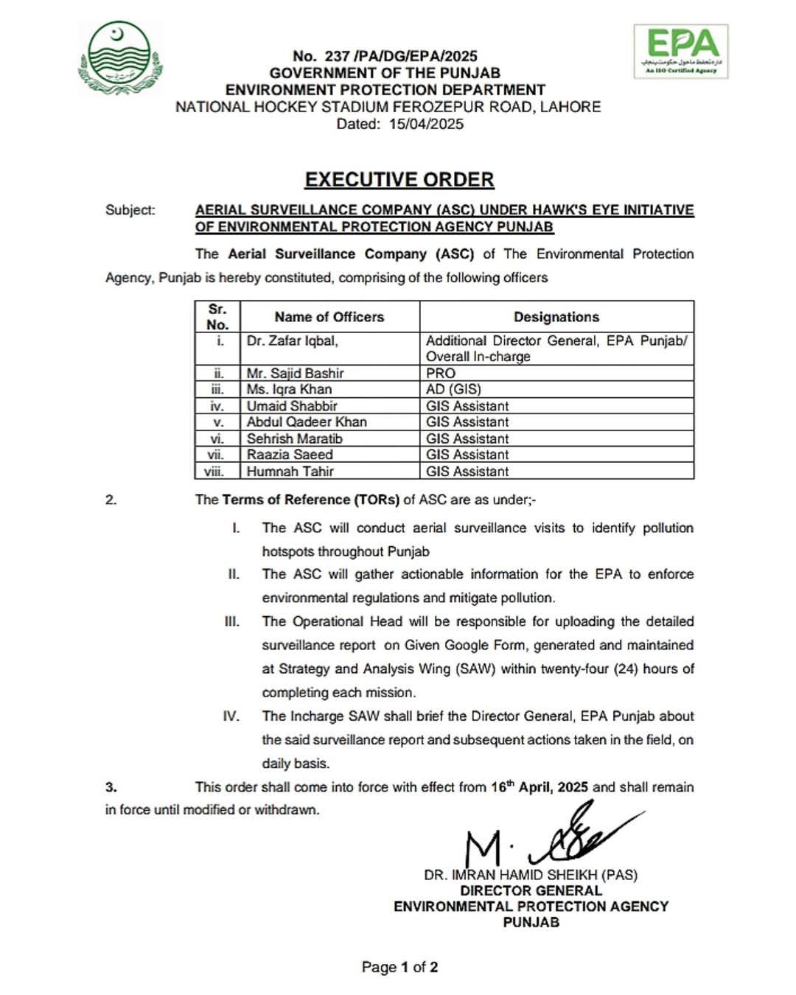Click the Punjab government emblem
coord(119,57)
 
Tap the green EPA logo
coord(680,50)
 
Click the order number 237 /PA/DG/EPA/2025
coord(385,56)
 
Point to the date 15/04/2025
coord(426,124)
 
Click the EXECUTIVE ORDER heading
coord(399,180)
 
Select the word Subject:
coord(130,210)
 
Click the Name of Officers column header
coord(329,317)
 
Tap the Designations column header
coord(556,317)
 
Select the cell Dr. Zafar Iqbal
coord(293,341)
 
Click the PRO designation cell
coord(441,374)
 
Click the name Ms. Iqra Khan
coord(289,389)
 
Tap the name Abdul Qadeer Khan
coord(307,422)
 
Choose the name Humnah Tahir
coord(290,471)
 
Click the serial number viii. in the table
coord(214,471)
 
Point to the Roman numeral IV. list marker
coord(231,716)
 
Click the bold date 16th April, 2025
coord(540,786)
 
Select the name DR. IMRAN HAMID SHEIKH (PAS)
coord(530,875)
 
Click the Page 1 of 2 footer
coord(399,967)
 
